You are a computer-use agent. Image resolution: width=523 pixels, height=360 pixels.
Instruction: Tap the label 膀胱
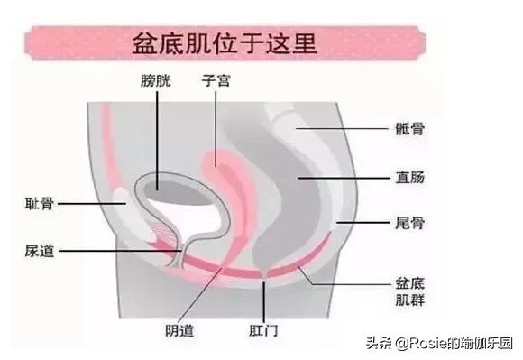click(x=154, y=80)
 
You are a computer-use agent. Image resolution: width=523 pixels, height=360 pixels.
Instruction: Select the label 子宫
click(x=216, y=80)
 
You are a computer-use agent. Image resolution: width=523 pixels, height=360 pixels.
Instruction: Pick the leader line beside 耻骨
click(x=86, y=203)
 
